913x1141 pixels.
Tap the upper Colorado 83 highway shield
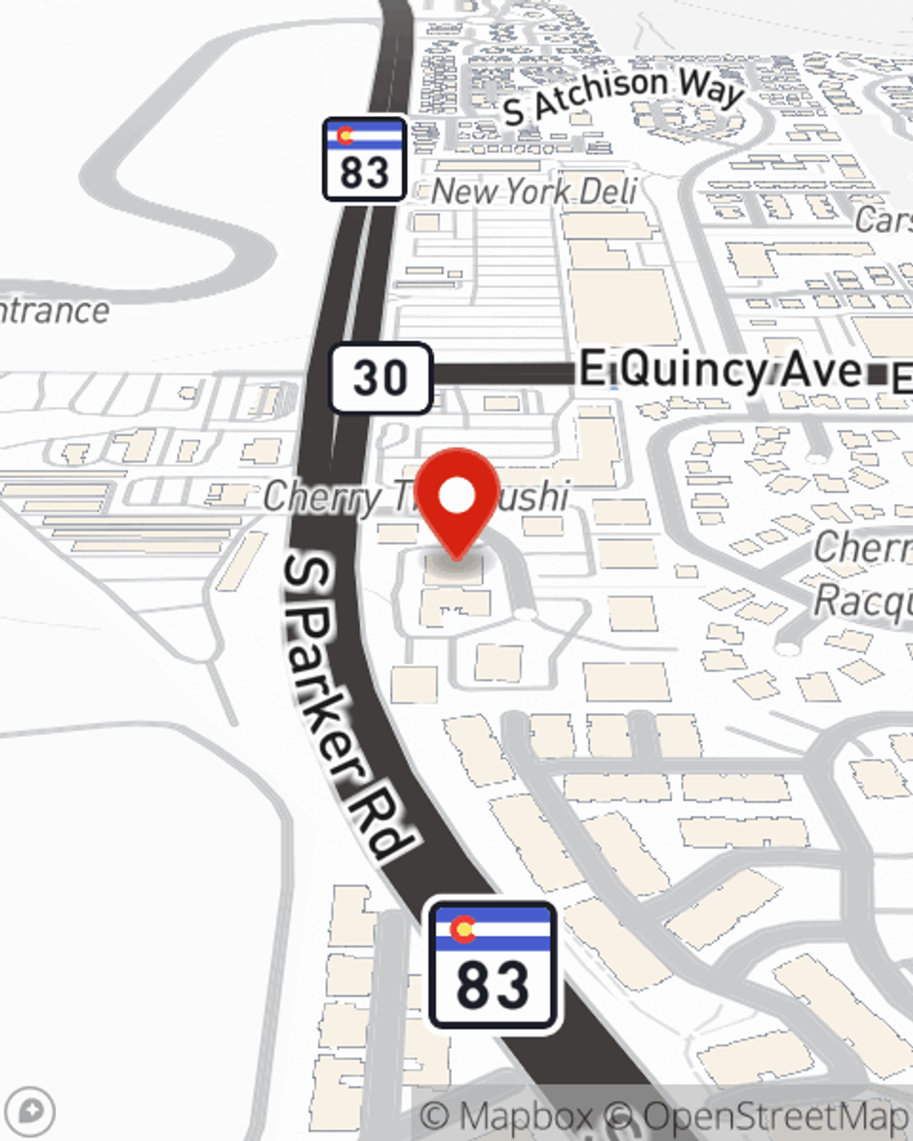(364, 159)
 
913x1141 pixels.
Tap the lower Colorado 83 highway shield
(493, 965)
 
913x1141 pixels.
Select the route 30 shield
(380, 377)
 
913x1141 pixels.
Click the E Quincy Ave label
(721, 371)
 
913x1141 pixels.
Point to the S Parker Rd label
(346, 708)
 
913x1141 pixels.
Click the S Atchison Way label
(624, 97)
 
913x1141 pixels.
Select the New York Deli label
(534, 192)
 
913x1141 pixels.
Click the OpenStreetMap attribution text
(776, 1116)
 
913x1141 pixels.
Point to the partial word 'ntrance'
(55, 310)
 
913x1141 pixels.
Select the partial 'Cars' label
(884, 220)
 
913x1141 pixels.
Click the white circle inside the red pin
(457, 496)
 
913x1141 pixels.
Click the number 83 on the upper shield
(364, 173)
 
